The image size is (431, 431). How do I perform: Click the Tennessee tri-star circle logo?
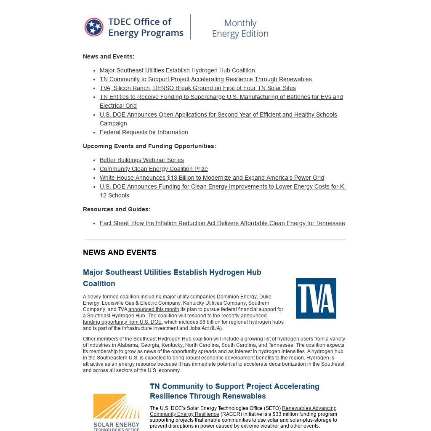[x=94, y=27]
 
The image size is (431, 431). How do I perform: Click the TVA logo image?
[x=316, y=298]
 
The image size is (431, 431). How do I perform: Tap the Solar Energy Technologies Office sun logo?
[x=116, y=407]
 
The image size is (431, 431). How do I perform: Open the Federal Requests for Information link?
[x=144, y=132]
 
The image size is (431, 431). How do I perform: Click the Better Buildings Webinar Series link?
[x=141, y=160]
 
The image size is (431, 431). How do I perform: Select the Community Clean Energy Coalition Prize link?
[x=154, y=169]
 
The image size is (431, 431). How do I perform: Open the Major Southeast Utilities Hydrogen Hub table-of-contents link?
[x=177, y=70]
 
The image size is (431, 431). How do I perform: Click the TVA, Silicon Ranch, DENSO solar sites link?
[x=197, y=88]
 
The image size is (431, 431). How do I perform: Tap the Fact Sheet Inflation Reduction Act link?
[x=222, y=223]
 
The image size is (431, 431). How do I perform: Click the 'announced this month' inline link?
[x=154, y=309]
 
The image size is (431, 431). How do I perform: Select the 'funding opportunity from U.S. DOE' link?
[x=122, y=322]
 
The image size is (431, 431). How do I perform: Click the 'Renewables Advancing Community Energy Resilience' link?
[x=243, y=411]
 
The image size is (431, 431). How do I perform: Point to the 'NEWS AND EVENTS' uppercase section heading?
[x=120, y=253]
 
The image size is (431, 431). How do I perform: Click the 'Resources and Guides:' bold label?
[x=117, y=209]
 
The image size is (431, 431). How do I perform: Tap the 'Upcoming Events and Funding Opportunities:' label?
[x=149, y=146]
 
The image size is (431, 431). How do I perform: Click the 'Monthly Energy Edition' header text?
[x=240, y=28]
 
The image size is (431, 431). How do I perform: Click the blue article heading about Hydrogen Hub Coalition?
[x=172, y=278]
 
